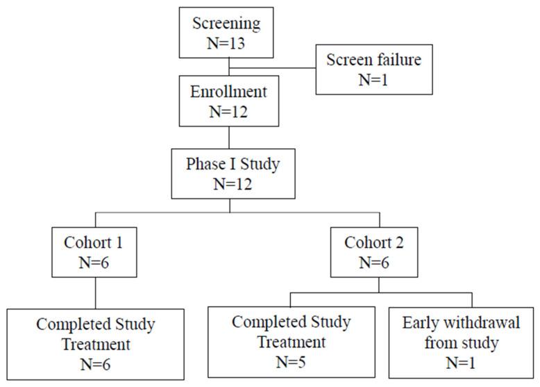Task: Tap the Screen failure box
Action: point(374,69)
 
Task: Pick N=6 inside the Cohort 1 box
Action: point(96,265)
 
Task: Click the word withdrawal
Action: point(476,324)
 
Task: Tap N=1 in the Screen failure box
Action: point(374,79)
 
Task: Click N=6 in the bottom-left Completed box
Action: point(96,363)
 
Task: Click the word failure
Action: point(396,60)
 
